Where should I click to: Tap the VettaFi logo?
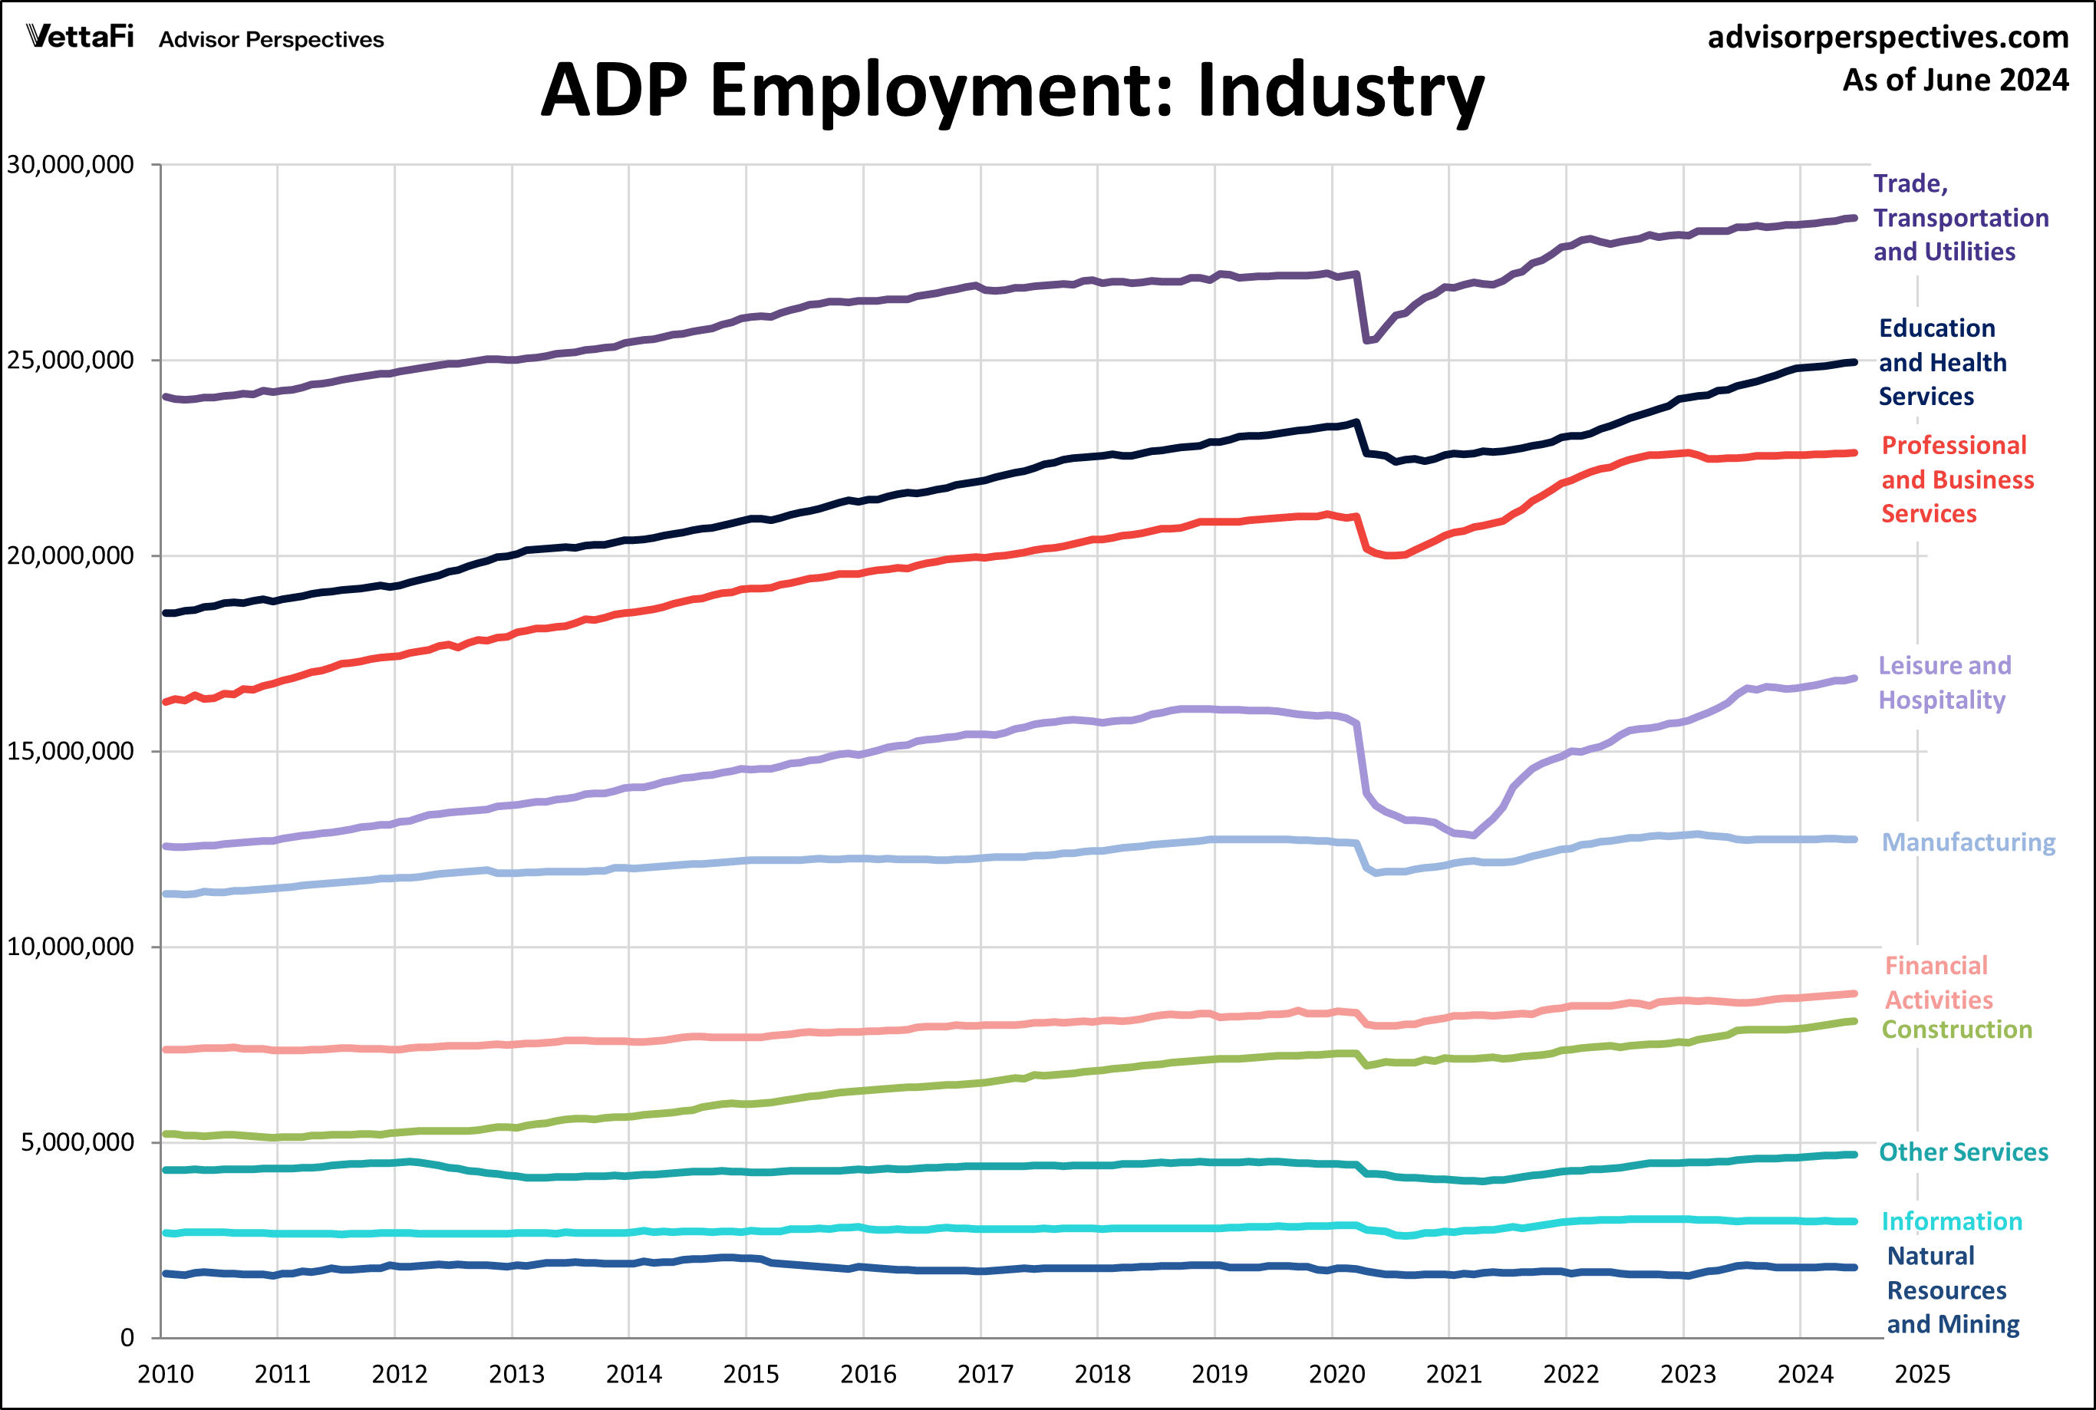coord(80,37)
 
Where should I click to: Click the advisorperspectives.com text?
coord(1887,37)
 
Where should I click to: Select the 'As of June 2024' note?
coord(1955,80)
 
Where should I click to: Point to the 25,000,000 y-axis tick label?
coord(70,361)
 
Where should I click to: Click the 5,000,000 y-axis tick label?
coord(77,1142)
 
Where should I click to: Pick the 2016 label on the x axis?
coord(868,1374)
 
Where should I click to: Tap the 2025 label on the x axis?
coord(1922,1374)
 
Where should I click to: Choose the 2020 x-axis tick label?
coord(1336,1374)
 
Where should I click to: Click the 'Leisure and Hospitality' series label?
coord(1944,683)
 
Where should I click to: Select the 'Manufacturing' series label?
coord(1969,842)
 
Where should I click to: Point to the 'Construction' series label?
coord(1956,1029)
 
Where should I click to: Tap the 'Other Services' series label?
coord(1963,1153)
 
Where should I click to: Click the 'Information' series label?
coord(1951,1221)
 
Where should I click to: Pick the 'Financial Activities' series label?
coord(1938,983)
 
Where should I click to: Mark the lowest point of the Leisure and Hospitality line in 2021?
coord(1472,835)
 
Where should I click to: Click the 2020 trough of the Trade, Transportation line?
coord(1366,341)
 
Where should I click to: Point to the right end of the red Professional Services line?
coord(1854,453)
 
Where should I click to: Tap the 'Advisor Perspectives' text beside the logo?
coord(271,40)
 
